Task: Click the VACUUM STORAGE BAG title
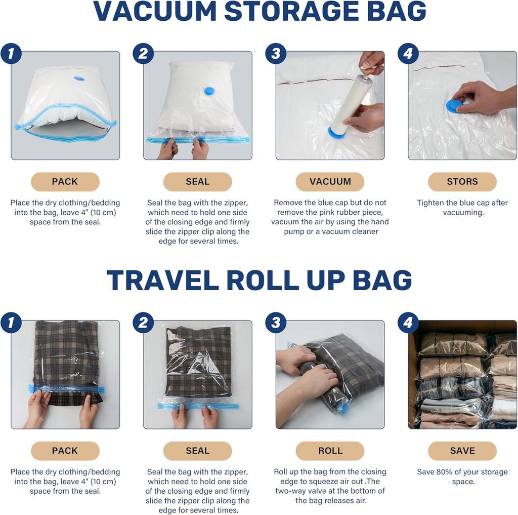point(259,11)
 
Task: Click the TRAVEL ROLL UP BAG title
point(259,280)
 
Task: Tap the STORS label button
point(462,182)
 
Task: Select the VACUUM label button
point(330,182)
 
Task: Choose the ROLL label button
point(330,451)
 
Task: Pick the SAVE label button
point(462,451)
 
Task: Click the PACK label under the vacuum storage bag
point(65,182)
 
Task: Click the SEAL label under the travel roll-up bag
point(197,451)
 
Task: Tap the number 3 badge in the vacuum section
point(276,54)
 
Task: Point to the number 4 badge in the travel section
point(408,323)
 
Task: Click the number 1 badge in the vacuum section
point(11,54)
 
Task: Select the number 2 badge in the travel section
point(143,323)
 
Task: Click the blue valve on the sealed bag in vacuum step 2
point(209,91)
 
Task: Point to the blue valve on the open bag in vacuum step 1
point(79,78)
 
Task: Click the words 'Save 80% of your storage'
point(462,472)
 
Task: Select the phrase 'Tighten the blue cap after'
point(462,203)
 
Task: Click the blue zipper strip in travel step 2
point(198,406)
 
